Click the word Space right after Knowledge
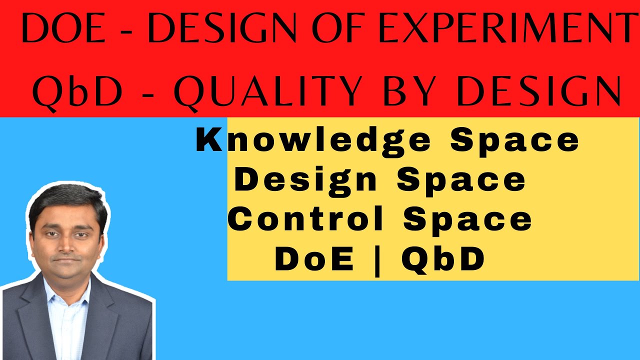tap(514, 140)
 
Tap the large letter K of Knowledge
tap(209, 140)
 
